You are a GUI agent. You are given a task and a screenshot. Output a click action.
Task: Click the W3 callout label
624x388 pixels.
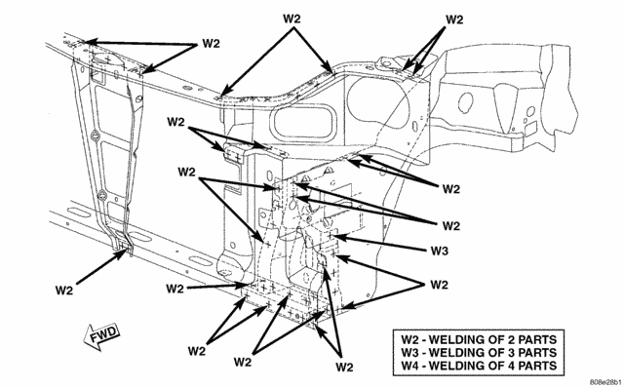440,252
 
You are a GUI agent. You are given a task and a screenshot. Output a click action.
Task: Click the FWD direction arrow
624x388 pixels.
101,336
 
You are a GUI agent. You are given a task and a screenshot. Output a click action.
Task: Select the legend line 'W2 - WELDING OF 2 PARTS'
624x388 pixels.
479,340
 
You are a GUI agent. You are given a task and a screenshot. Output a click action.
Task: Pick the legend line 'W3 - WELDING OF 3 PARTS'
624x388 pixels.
479,353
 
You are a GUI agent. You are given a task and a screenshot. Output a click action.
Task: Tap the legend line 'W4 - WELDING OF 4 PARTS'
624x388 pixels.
479,366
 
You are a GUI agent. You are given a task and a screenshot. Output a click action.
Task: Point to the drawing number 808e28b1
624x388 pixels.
604,382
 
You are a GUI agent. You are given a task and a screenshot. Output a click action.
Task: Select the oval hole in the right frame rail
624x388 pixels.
465,103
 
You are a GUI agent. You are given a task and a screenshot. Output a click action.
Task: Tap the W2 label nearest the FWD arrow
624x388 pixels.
64,291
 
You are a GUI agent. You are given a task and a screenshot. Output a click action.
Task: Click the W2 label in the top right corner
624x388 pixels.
454,19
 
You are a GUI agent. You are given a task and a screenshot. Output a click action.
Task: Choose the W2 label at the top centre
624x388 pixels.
292,19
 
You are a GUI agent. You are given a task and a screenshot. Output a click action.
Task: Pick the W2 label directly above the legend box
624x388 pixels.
440,285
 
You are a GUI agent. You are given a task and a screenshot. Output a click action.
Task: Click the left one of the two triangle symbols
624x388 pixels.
306,177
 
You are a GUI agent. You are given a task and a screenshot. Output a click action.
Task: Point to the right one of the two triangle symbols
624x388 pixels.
329,172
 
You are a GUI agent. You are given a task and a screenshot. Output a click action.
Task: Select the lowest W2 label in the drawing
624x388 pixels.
344,367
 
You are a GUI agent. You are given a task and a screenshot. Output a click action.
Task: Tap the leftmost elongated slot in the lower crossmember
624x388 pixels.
78,213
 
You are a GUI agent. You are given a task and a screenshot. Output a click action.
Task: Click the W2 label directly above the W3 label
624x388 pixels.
450,225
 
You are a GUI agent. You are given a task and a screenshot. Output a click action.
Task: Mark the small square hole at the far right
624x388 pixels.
530,128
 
